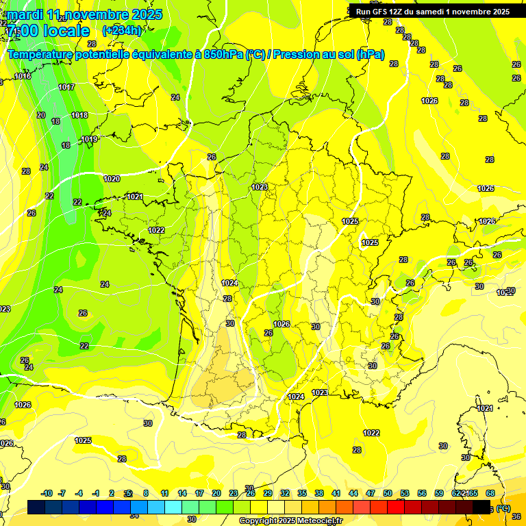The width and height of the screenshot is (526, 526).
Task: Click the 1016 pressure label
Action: coord(23,76)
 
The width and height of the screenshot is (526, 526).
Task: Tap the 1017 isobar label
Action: coord(66,87)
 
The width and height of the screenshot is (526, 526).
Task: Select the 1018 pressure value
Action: coord(79,115)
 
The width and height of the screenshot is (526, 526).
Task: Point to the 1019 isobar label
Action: coord(89,139)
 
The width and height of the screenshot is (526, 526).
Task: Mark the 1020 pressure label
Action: coord(112,179)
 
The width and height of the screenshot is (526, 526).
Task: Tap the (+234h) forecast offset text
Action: coord(122,30)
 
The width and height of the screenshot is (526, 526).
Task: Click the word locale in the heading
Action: coord(66,31)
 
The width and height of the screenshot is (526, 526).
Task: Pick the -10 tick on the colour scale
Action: coord(47,493)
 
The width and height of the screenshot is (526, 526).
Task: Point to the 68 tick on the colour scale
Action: coord(490,493)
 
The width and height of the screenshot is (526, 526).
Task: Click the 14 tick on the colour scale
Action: coord(182,493)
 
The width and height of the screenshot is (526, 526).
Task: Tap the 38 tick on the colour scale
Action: coord(319,493)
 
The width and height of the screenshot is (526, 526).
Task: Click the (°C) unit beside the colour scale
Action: coord(503,508)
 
